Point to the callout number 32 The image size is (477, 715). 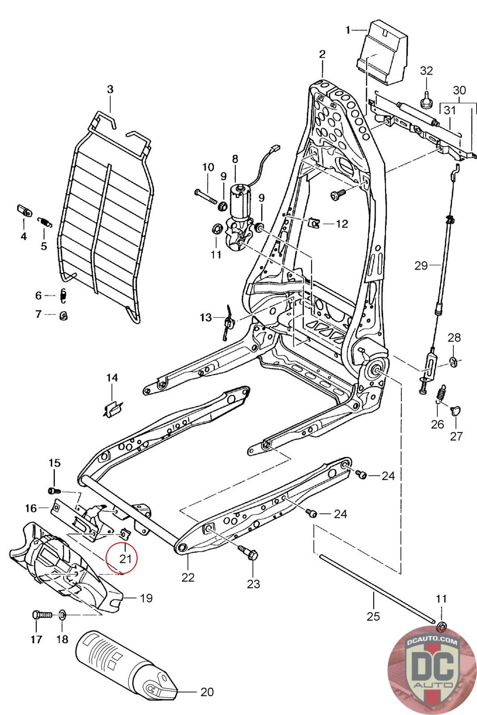coord(426,71)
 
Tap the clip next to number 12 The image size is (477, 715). coord(314,223)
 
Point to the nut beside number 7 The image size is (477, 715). coord(64,315)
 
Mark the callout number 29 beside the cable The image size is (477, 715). coord(421,265)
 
